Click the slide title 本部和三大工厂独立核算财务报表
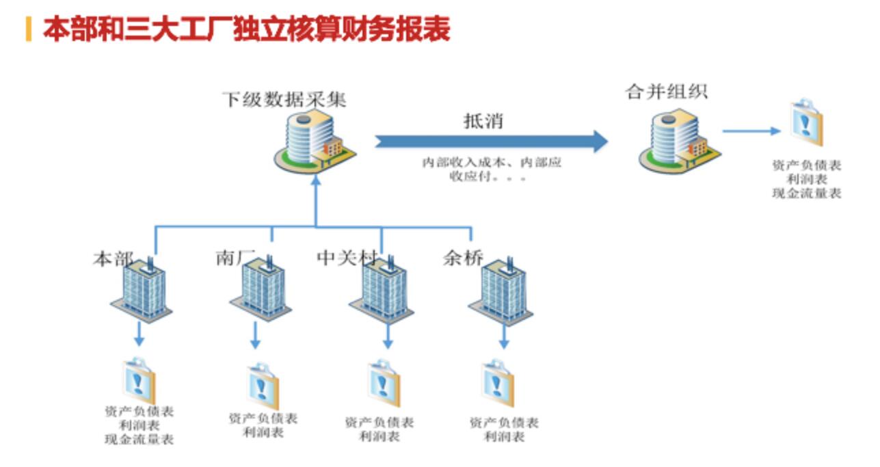click(x=246, y=29)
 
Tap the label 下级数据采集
click(x=284, y=100)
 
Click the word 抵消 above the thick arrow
click(x=483, y=121)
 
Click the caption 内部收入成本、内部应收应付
click(x=490, y=170)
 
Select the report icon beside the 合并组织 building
click(x=808, y=124)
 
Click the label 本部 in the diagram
click(x=113, y=259)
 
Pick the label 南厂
click(x=235, y=258)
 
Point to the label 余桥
click(x=463, y=258)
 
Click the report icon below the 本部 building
click(x=139, y=380)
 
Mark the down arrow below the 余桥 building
click(x=504, y=337)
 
